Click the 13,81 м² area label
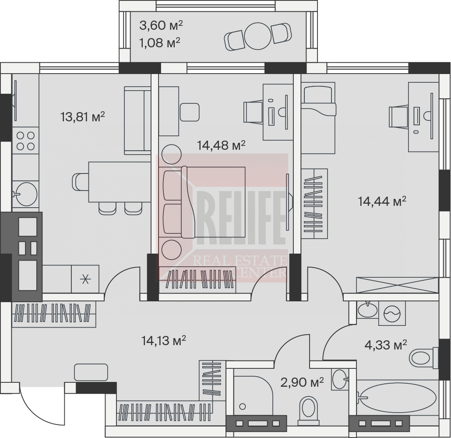pyautogui.click(x=83, y=117)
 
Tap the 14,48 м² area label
pyautogui.click(x=221, y=145)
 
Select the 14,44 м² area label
pyautogui.click(x=382, y=201)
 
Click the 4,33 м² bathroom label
pyautogui.click(x=386, y=344)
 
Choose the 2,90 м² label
pyautogui.click(x=302, y=382)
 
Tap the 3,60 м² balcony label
pyautogui.click(x=161, y=25)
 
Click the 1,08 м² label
pyautogui.click(x=160, y=43)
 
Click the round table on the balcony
pyautogui.click(x=258, y=37)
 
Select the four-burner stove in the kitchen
pyautogui.click(x=25, y=141)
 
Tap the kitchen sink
pyautogui.click(x=25, y=193)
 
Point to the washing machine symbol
pyautogui.click(x=392, y=313)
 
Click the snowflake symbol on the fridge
pyautogui.click(x=85, y=279)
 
